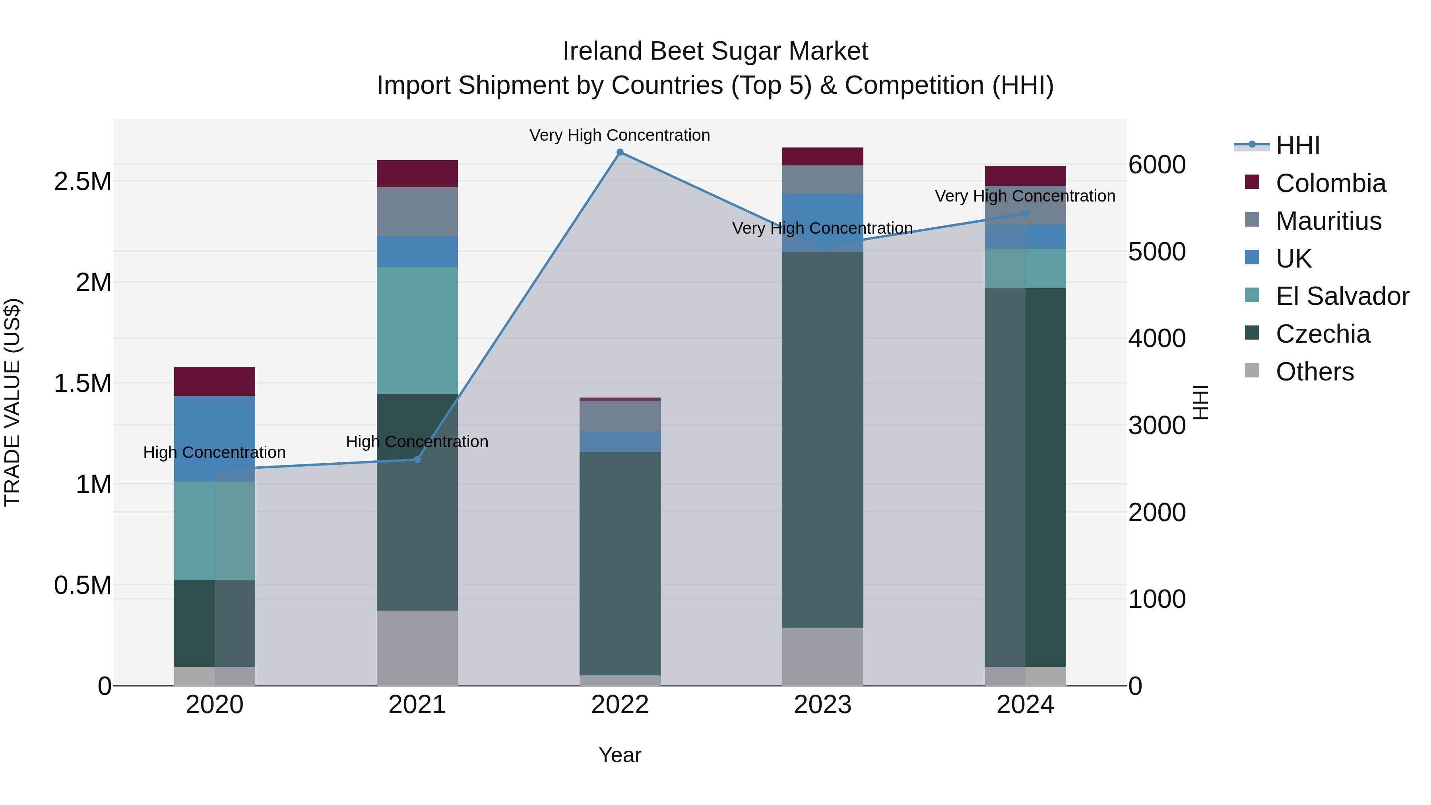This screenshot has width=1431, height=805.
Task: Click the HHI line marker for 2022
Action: pos(620,152)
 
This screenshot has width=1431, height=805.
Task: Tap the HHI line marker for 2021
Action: pos(417,460)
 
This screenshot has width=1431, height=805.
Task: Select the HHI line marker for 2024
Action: pos(1026,213)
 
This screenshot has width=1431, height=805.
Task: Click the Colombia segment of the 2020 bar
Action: pos(214,381)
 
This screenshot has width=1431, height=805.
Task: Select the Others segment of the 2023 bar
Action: pos(823,657)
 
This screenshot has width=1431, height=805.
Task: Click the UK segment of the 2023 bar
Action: pos(823,222)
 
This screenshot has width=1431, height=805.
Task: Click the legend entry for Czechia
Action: pos(1322,334)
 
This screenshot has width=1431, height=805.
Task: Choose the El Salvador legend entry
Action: pos(1342,296)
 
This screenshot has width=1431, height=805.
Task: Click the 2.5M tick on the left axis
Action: pos(83,182)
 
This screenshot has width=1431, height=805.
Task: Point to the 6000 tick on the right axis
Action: pos(1157,165)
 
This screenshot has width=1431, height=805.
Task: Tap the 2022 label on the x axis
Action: pos(620,705)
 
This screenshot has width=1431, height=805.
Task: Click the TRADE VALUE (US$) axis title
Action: pos(12,402)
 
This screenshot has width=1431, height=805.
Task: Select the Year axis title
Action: pos(620,755)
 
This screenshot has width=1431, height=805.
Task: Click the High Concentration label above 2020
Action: pos(214,452)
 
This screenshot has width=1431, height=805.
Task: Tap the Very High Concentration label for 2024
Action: pos(1025,196)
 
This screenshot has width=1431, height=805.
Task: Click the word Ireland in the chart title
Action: pos(603,51)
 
